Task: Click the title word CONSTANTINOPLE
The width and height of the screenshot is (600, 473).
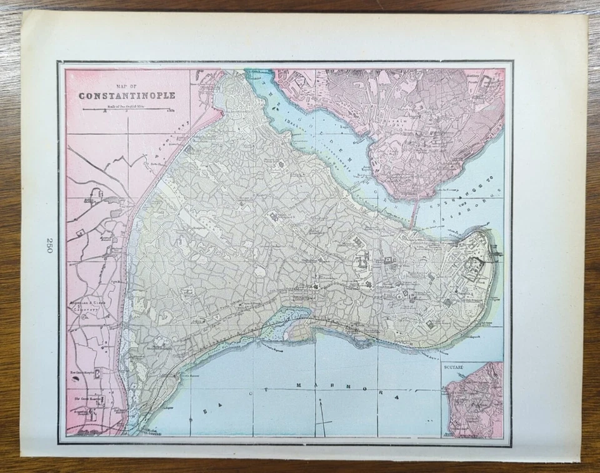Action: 126,96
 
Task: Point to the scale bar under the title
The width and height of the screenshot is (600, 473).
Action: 126,110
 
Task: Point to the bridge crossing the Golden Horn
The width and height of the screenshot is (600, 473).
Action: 415,212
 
